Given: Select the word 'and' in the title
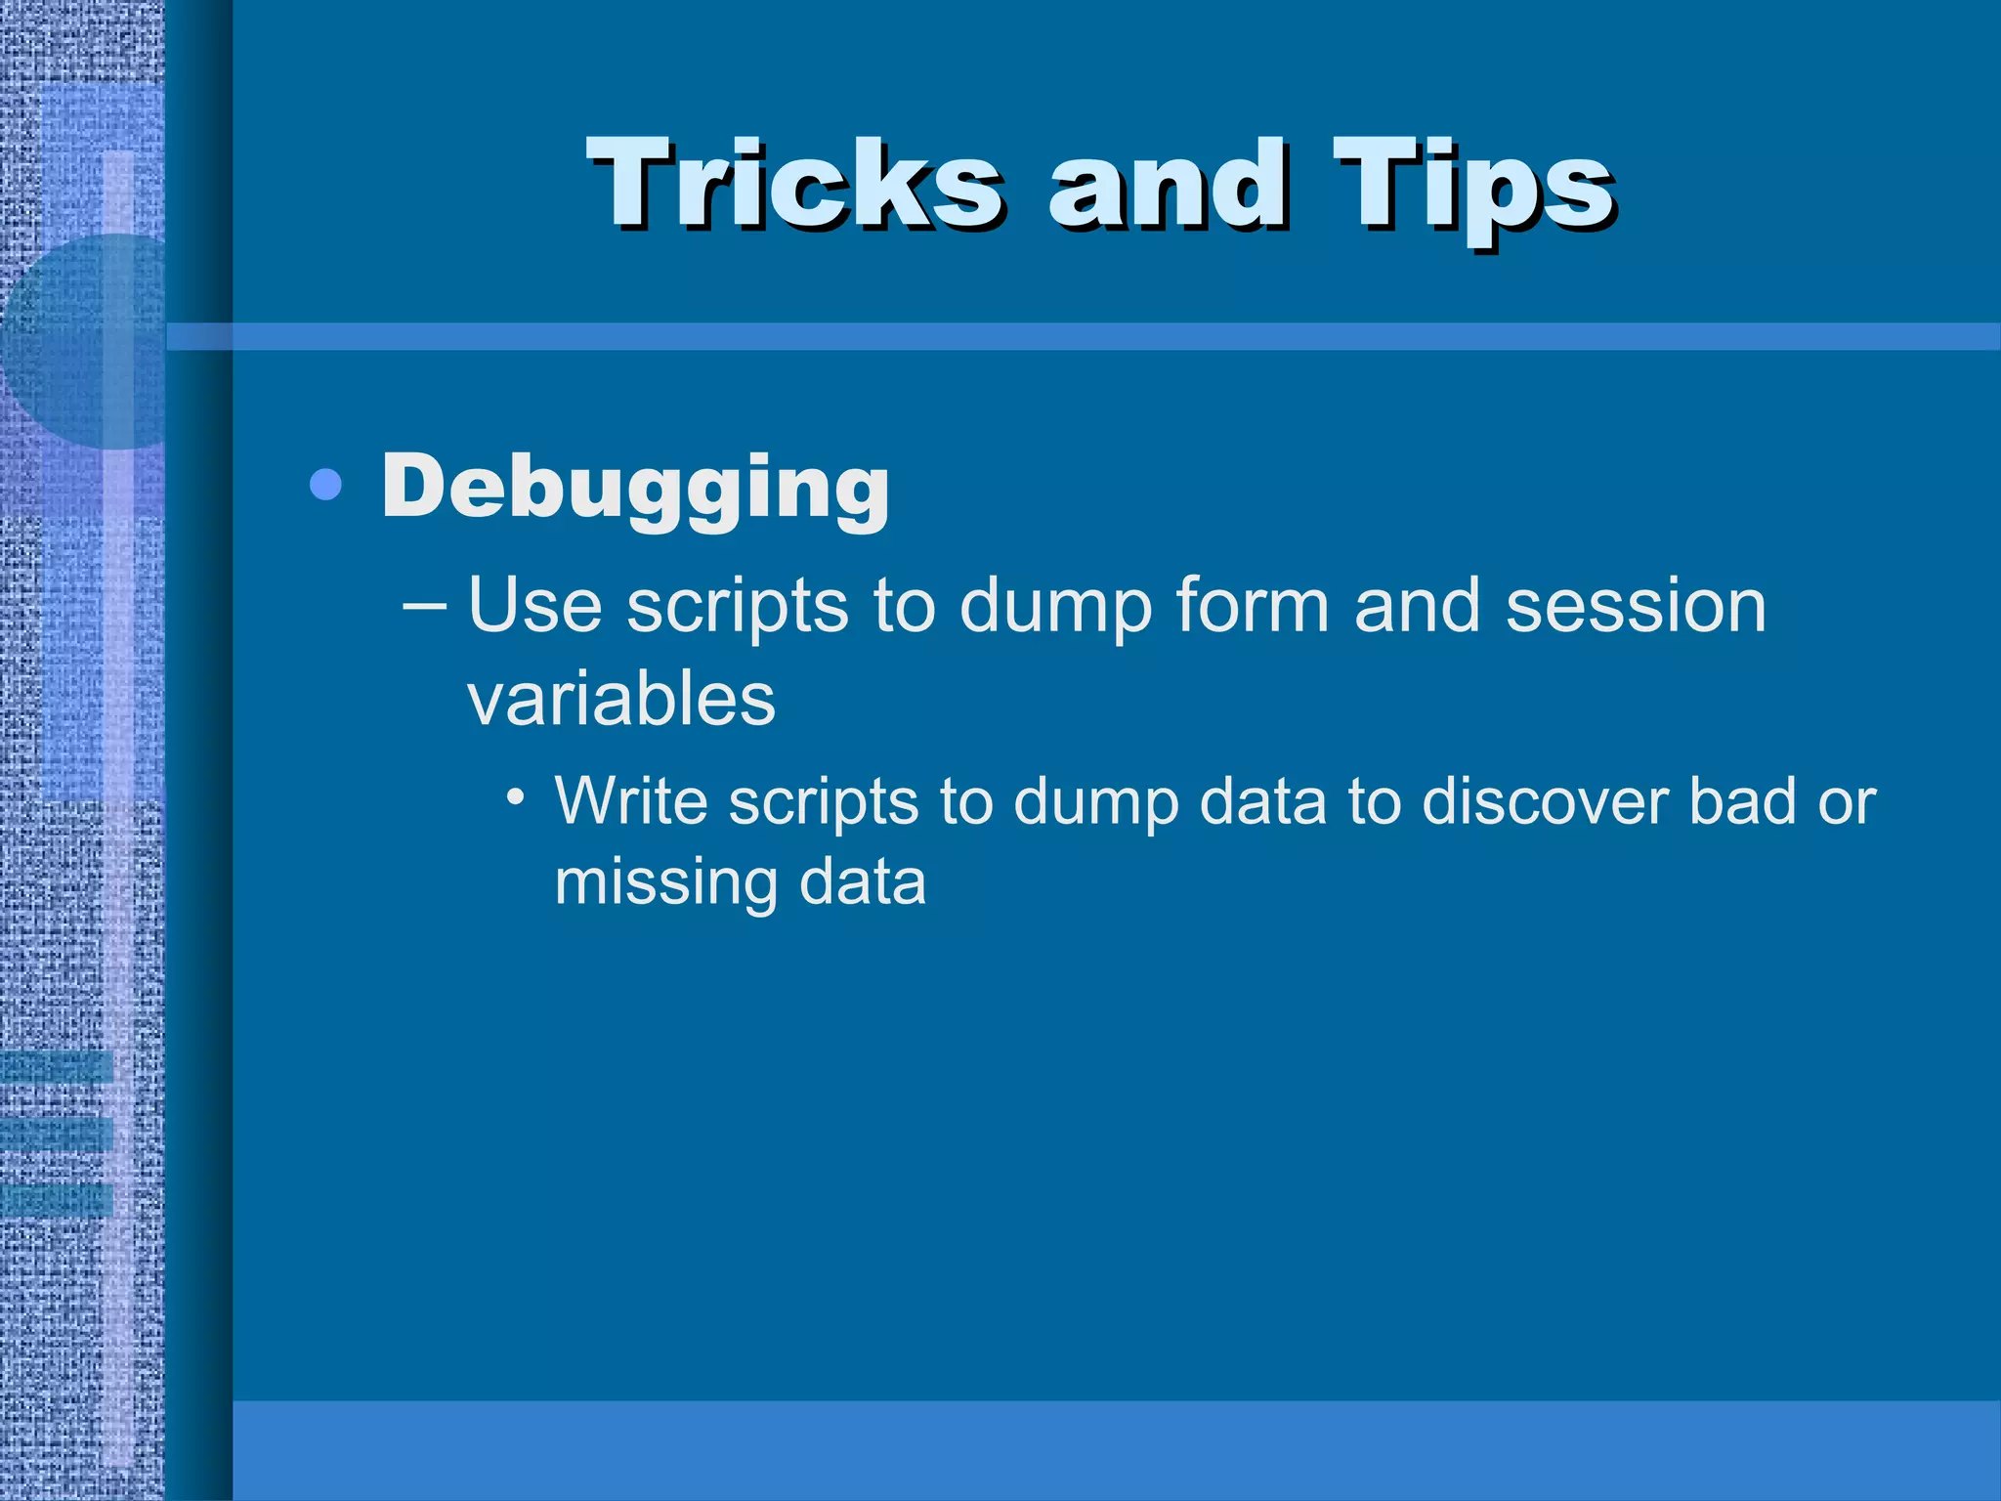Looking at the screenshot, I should pyautogui.click(x=1168, y=184).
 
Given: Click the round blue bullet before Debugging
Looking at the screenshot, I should pyautogui.click(x=325, y=485).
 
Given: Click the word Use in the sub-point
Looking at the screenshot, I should pyautogui.click(x=533, y=606).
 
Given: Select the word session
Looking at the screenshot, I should pyautogui.click(x=1636, y=606).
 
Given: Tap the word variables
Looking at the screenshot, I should pyautogui.click(x=621, y=700).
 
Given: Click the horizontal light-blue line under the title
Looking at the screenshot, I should pyautogui.click(x=1075, y=337).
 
